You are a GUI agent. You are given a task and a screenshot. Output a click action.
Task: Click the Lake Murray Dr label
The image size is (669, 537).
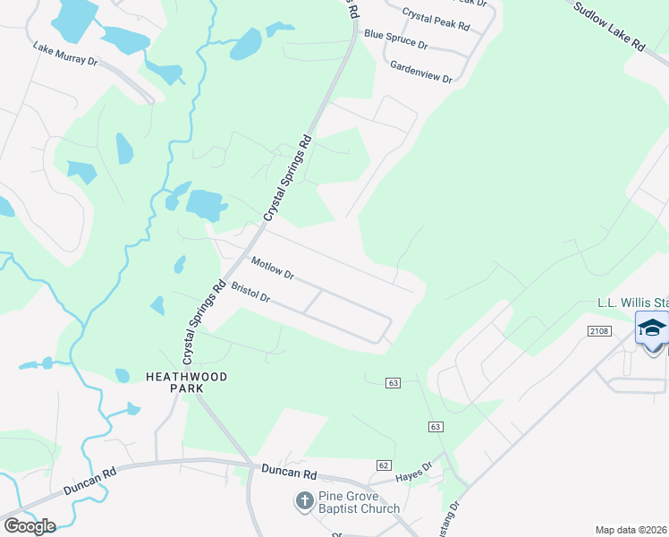pyautogui.click(x=65, y=54)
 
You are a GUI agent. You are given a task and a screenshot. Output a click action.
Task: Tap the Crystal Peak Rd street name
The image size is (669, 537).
pyautogui.click(x=436, y=20)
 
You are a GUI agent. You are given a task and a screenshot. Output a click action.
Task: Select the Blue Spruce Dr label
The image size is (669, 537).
pyautogui.click(x=395, y=39)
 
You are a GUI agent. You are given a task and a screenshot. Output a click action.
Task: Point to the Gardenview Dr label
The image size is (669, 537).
pyautogui.click(x=421, y=72)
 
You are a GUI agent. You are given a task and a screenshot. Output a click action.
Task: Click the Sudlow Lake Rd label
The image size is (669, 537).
pyautogui.click(x=609, y=26)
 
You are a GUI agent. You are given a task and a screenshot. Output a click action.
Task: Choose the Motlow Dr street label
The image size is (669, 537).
pyautogui.click(x=273, y=268)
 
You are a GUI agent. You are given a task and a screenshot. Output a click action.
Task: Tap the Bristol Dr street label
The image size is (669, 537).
pyautogui.click(x=250, y=293)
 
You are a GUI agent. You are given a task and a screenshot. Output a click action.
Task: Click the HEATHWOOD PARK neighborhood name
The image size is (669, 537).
pyautogui.click(x=187, y=383)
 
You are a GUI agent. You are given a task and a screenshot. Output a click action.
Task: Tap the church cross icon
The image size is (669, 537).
pyautogui.click(x=305, y=501)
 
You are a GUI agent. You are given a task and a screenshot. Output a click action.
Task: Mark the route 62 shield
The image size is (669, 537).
pyautogui.click(x=384, y=465)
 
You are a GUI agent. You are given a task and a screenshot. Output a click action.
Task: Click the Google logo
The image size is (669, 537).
pyautogui.click(x=30, y=526)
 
